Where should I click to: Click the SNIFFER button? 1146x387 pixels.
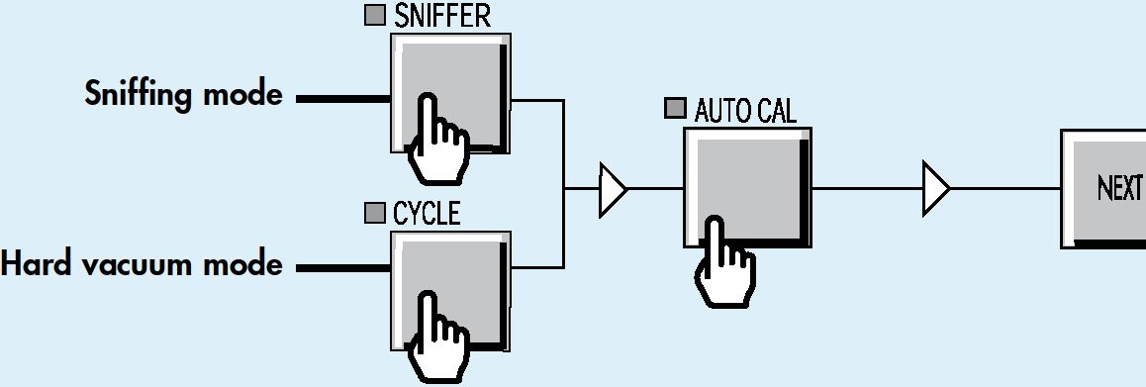click(450, 93)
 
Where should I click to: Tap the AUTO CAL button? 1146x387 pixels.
click(748, 188)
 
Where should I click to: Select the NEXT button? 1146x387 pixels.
click(1103, 189)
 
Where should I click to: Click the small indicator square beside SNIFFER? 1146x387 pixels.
click(375, 16)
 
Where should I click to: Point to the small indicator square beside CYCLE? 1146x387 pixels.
click(375, 213)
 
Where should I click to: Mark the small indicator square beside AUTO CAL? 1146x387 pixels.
click(675, 108)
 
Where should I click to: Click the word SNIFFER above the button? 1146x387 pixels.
click(442, 16)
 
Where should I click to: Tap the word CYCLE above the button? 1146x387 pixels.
click(427, 214)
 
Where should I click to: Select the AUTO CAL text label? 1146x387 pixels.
click(745, 111)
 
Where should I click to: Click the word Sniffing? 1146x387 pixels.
click(139, 95)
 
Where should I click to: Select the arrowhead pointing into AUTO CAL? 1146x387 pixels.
click(613, 189)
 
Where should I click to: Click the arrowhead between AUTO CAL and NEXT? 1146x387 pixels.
click(936, 189)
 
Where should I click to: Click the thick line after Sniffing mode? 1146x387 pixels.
click(342, 99)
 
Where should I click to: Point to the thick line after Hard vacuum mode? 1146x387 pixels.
click(342, 268)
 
